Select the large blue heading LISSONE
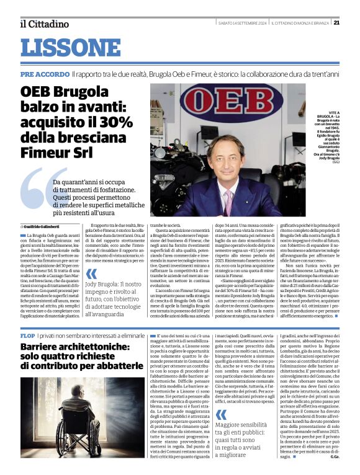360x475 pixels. tap(71, 48)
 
